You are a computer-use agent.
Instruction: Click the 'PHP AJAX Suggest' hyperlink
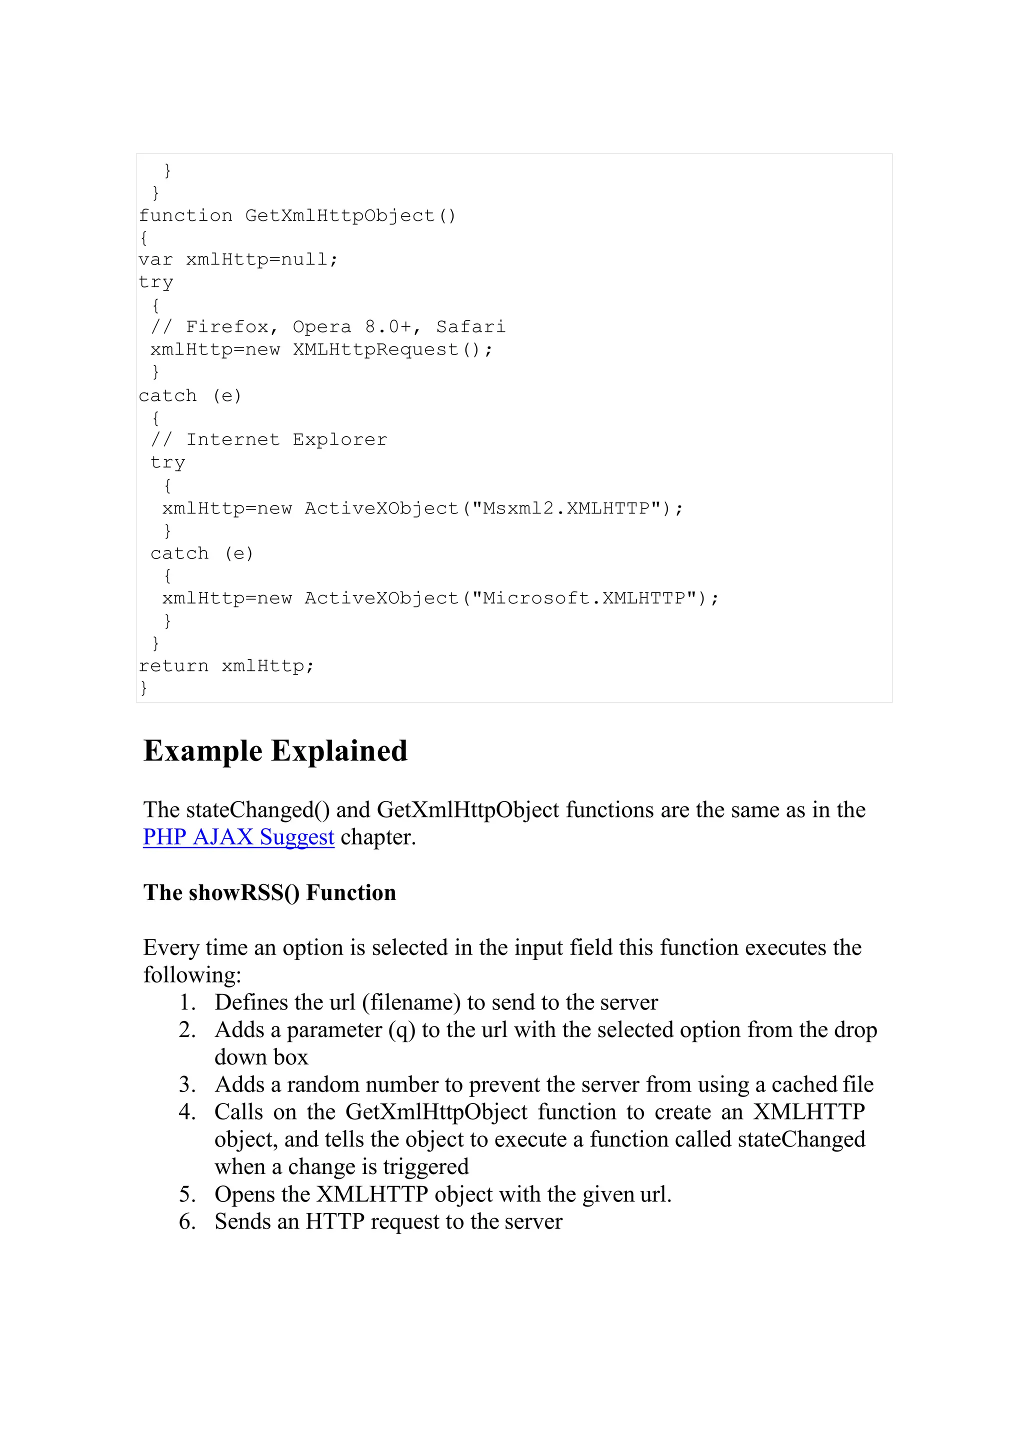pyautogui.click(x=238, y=837)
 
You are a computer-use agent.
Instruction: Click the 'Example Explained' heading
pyautogui.click(x=275, y=751)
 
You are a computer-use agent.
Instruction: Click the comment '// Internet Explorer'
pyautogui.click(x=268, y=439)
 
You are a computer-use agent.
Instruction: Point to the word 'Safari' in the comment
pyautogui.click(x=470, y=326)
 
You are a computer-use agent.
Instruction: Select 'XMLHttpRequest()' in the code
pyautogui.click(x=391, y=349)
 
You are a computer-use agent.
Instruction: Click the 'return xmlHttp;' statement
pyautogui.click(x=225, y=666)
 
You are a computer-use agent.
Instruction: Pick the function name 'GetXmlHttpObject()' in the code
pyautogui.click(x=350, y=215)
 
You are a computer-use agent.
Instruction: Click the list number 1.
pyautogui.click(x=187, y=1002)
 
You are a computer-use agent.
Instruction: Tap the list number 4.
pyautogui.click(x=187, y=1111)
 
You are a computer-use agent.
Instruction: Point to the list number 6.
pyautogui.click(x=187, y=1221)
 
